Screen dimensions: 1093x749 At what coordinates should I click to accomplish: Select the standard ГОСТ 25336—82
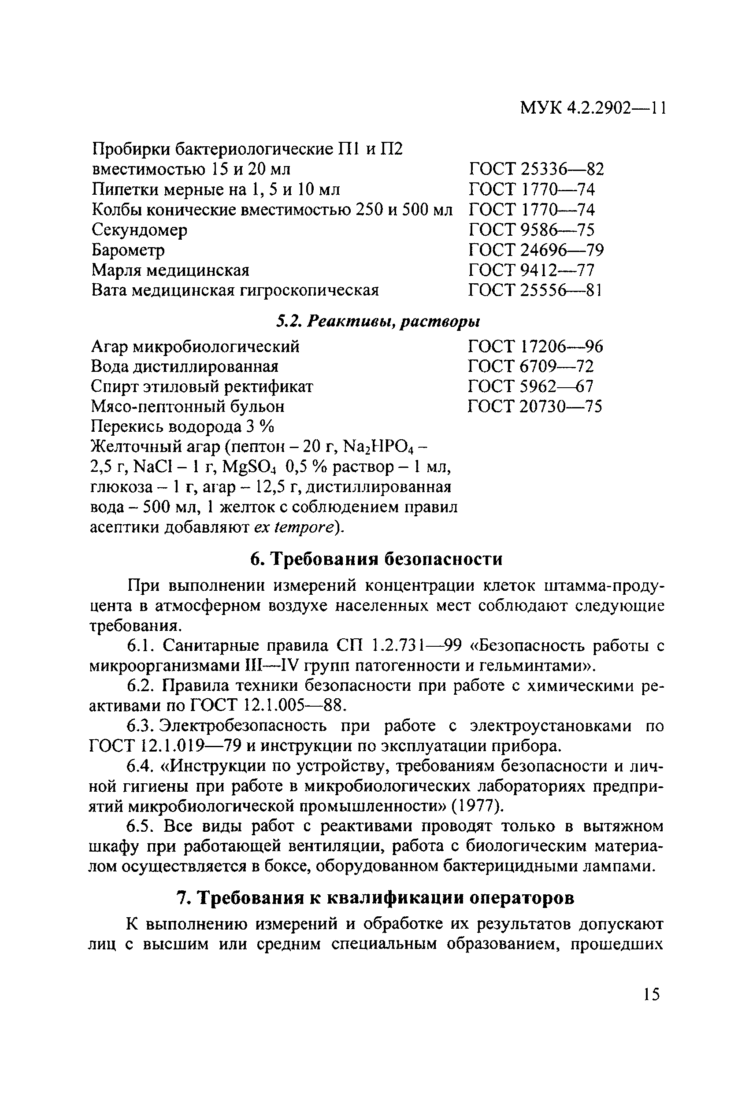(536, 169)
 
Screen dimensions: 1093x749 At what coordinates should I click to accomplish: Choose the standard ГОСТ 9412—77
(531, 270)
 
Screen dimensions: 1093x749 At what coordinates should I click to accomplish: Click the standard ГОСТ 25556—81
(535, 290)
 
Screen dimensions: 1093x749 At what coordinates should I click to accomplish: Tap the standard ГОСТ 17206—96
(535, 347)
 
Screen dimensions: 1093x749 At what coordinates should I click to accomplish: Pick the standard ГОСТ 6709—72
(531, 367)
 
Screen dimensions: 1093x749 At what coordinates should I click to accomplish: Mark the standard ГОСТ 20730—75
(535, 406)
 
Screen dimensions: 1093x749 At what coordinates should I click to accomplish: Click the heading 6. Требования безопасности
(376, 559)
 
